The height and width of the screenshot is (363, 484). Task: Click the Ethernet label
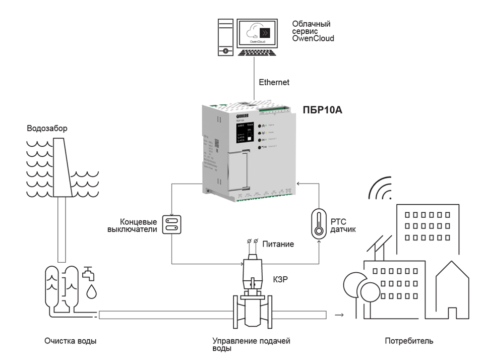click(274, 82)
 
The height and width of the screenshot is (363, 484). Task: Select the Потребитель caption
click(409, 341)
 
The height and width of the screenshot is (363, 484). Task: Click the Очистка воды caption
click(70, 341)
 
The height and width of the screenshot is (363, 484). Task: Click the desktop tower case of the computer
click(225, 38)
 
